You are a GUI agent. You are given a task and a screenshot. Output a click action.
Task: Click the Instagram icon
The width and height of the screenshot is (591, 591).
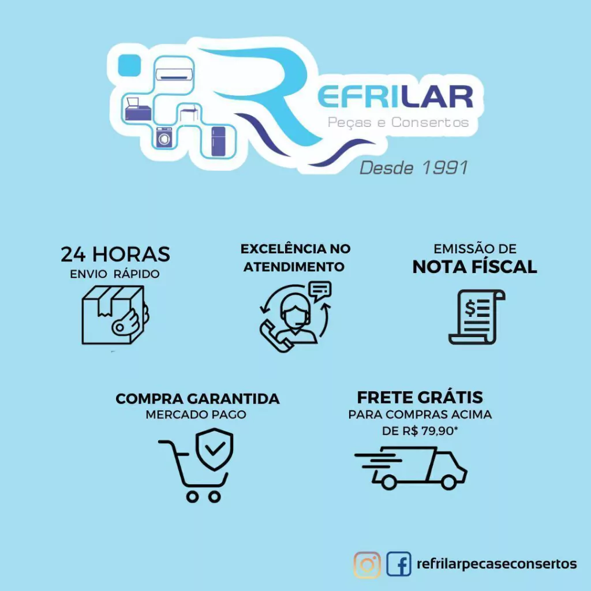pyautogui.click(x=367, y=564)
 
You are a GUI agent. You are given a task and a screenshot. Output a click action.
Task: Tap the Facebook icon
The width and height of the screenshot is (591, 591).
pyautogui.click(x=399, y=564)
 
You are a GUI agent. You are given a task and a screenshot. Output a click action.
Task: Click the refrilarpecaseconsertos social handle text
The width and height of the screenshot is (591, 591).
pyautogui.click(x=496, y=564)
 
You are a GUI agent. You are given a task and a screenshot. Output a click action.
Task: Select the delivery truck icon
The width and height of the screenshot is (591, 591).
pyautogui.click(x=411, y=467)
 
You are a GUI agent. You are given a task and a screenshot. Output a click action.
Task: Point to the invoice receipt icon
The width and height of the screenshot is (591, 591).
pyautogui.click(x=477, y=317)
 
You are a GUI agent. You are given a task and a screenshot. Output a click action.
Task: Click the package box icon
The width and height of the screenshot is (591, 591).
pyautogui.click(x=115, y=315)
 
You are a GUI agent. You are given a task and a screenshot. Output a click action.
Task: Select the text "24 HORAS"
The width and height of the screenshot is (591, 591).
pyautogui.click(x=115, y=254)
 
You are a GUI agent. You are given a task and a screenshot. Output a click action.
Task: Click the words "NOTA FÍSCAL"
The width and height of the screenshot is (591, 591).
pyautogui.click(x=474, y=267)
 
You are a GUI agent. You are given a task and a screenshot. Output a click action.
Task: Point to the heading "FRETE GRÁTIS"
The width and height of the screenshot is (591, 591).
pyautogui.click(x=420, y=397)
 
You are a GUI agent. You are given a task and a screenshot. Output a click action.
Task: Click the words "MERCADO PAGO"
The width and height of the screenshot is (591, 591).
pyautogui.click(x=196, y=414)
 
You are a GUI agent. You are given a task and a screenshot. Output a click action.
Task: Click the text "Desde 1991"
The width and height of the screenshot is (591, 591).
pyautogui.click(x=413, y=168)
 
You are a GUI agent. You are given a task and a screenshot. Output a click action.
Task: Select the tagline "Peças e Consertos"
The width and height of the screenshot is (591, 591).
pyautogui.click(x=398, y=122)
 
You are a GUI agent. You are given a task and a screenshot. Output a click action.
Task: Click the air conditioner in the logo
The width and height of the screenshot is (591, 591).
pyautogui.click(x=174, y=74)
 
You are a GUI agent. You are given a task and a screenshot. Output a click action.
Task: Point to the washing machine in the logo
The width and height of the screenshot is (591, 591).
pyautogui.click(x=164, y=137)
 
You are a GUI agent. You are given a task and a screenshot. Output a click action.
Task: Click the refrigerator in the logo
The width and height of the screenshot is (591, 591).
pyautogui.click(x=218, y=141)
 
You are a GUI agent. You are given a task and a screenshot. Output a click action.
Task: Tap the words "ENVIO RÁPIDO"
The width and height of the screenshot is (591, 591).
pyautogui.click(x=115, y=274)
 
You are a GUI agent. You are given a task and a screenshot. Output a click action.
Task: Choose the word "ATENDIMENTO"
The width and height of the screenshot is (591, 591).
pyautogui.click(x=294, y=267)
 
